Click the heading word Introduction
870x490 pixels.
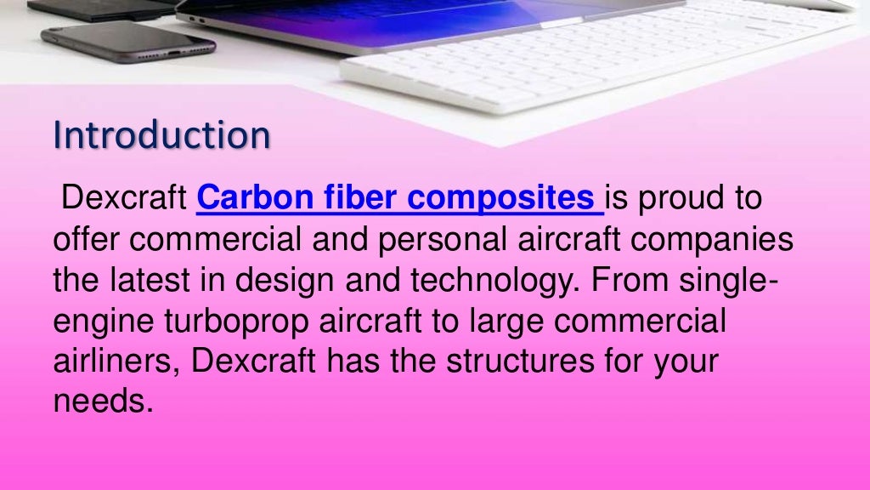[x=161, y=136]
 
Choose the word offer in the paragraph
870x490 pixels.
[x=87, y=241]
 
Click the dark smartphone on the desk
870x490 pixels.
[x=127, y=41]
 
